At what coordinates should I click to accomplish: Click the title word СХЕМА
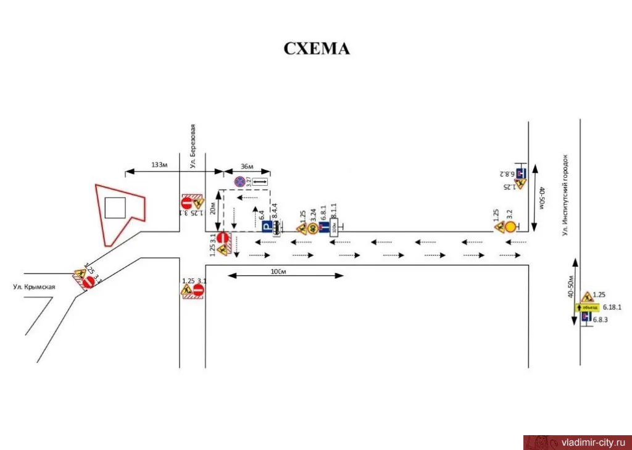coord(317,49)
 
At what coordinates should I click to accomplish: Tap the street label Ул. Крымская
coord(35,286)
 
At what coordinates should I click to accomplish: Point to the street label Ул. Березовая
coord(193,146)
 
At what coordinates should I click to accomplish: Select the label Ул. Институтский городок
coord(565,194)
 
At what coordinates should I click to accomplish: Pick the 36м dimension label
coord(247,166)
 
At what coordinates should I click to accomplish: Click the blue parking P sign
coord(267,228)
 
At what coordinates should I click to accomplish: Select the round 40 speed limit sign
coord(313,228)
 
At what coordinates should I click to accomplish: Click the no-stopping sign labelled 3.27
coord(239,181)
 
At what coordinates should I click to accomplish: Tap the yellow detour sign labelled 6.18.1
coord(587,307)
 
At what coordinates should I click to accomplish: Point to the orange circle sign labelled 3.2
coord(510,227)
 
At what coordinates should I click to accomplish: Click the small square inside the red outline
coord(115,208)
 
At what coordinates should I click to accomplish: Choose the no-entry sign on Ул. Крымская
coord(88,281)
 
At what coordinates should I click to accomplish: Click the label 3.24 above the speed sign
coord(314,215)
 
